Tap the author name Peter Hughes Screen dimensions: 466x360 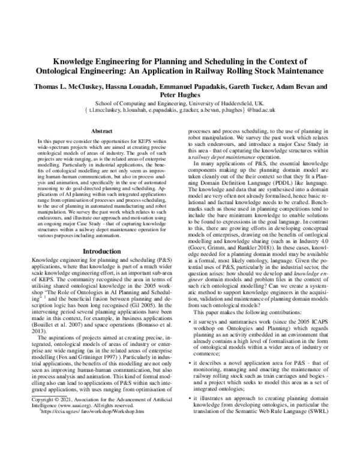coord(179,94)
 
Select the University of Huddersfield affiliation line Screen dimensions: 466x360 coord(180,103)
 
